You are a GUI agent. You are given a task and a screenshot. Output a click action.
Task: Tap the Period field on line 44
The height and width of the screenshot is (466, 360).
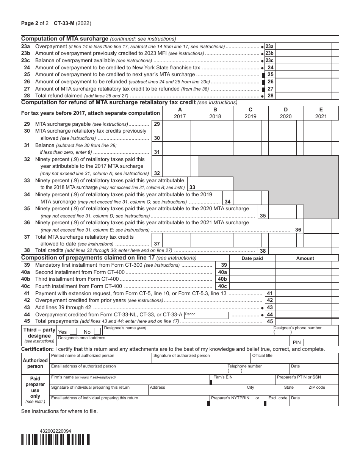click(x=206, y=315)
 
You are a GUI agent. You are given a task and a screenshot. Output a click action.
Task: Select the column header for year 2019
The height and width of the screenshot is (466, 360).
click(x=250, y=113)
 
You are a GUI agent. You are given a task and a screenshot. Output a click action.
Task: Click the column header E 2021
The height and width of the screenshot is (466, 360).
click(x=321, y=113)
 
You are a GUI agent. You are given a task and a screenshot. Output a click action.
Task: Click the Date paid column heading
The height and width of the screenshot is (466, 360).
click(x=252, y=258)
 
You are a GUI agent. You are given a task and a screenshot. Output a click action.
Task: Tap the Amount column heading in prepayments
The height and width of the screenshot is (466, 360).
click(x=305, y=258)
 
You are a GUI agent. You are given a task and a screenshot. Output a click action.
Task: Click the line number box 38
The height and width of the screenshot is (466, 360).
click(x=263, y=250)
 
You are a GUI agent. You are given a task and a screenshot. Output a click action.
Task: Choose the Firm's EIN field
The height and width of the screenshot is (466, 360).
click(x=243, y=380)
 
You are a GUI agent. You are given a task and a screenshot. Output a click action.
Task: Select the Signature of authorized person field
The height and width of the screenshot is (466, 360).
click(x=201, y=358)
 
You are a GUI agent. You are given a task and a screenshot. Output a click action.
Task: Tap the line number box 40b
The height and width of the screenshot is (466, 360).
click(x=222, y=279)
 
